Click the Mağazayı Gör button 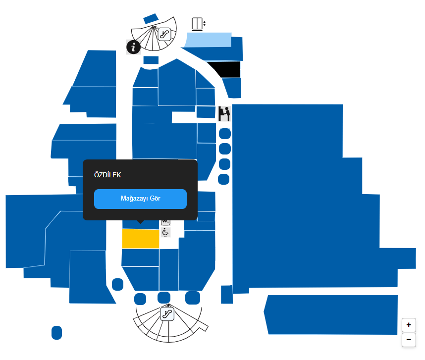tap(140, 199)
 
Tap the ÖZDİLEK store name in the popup tap(107, 175)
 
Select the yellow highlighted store tap(140, 239)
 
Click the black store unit tap(224, 69)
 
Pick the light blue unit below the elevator tap(208, 40)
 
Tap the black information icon tap(133, 47)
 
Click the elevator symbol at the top tap(197, 24)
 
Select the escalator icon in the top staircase tap(164, 34)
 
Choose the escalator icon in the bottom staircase tap(167, 313)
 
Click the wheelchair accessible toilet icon tap(166, 232)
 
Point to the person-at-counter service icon tap(224, 113)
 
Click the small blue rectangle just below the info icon tap(151, 60)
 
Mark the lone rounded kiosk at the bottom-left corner tap(56, 333)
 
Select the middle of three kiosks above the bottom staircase tap(163, 298)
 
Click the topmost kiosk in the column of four tap(225, 133)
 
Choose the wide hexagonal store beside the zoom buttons tap(332, 314)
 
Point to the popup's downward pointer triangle tap(141, 221)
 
